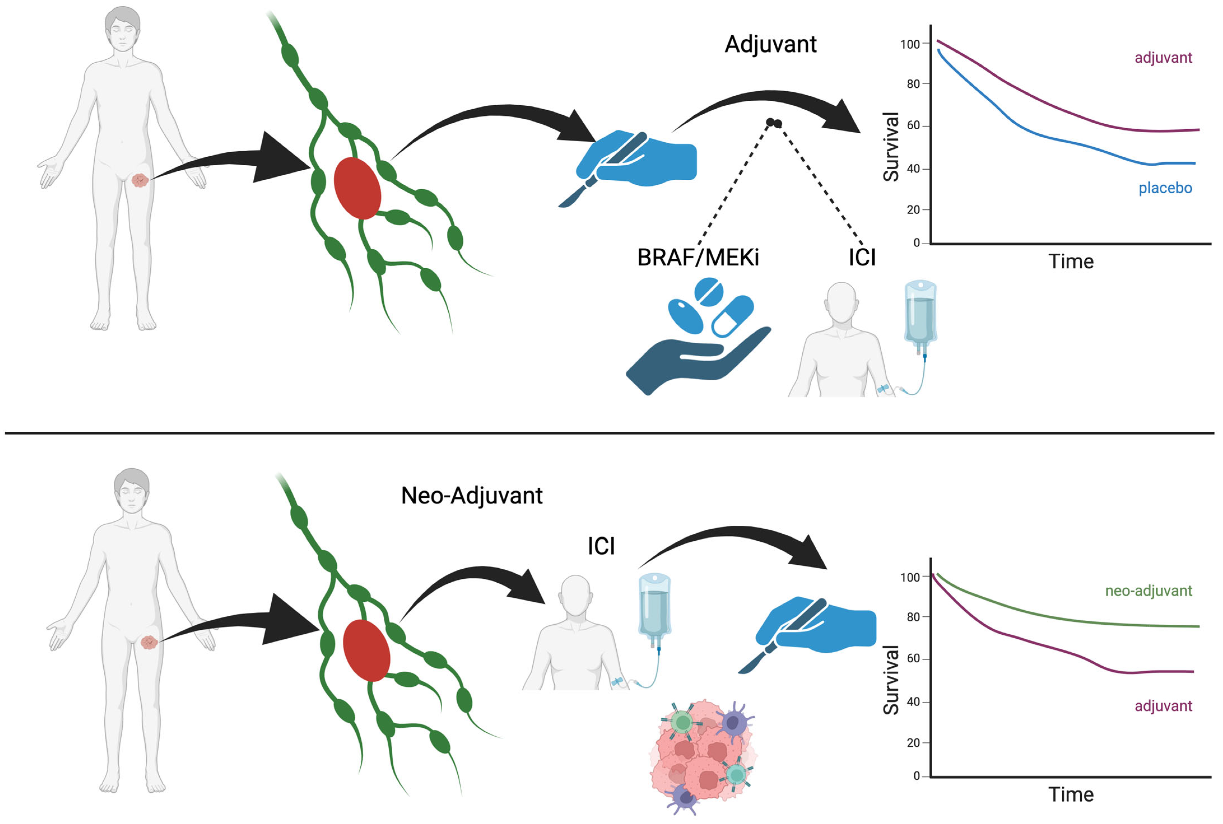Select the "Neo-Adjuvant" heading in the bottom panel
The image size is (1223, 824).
[x=471, y=496]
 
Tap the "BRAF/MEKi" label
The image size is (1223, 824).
[x=698, y=258]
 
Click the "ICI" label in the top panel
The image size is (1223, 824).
[x=862, y=258]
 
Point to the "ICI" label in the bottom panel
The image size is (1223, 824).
[x=601, y=547]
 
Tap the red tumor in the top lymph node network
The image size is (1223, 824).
[x=357, y=188]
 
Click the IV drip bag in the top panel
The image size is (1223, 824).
[x=920, y=313]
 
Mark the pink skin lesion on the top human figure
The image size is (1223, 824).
[x=140, y=180]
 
